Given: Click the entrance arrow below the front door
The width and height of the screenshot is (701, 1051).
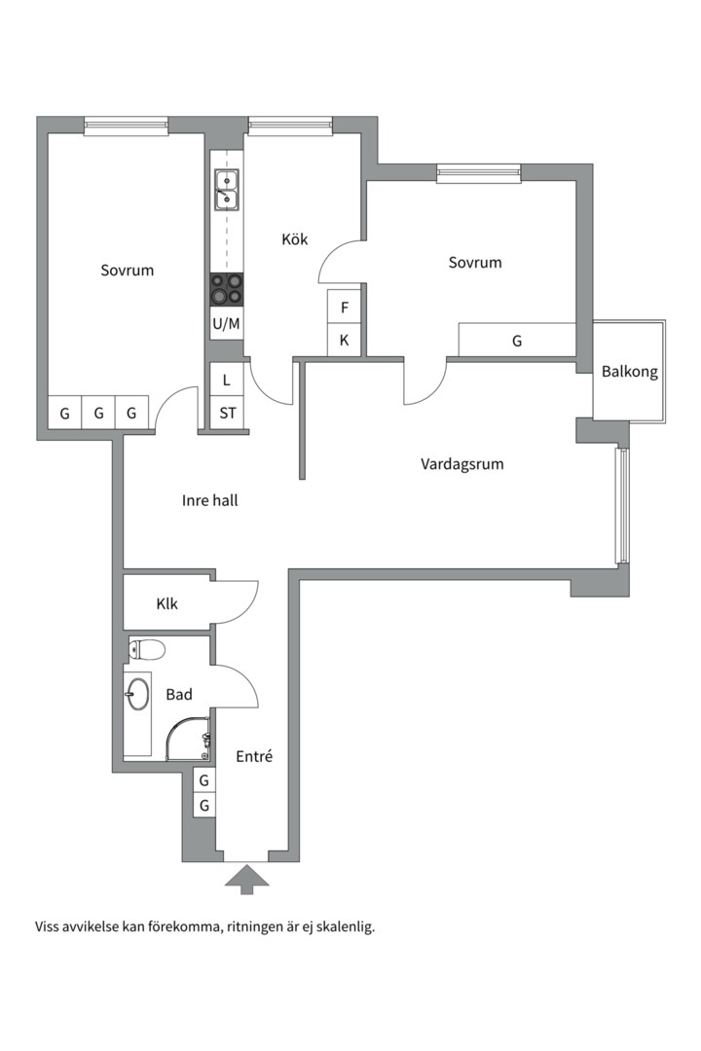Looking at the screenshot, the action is (x=246, y=879).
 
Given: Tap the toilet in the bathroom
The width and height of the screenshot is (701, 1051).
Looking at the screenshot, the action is (x=146, y=649).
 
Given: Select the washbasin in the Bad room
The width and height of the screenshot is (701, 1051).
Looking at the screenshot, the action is (x=137, y=694).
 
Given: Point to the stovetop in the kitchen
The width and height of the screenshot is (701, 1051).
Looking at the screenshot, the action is (x=226, y=290).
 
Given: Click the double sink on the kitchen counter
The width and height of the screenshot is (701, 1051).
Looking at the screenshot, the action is (x=226, y=190).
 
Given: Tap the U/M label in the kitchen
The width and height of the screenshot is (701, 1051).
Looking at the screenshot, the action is (x=226, y=324).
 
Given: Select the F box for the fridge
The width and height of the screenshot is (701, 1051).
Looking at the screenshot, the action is (x=344, y=307).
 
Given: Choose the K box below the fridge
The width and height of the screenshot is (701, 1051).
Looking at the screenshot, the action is (x=344, y=340).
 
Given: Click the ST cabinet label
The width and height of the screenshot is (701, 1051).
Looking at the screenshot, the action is (x=228, y=413).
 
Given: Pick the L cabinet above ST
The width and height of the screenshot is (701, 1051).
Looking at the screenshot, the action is (x=227, y=380).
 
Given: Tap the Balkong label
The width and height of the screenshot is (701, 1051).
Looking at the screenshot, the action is (x=629, y=372).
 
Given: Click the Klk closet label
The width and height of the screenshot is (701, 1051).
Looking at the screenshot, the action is (x=167, y=603).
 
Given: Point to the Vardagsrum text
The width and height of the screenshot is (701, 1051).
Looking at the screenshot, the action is (x=462, y=464).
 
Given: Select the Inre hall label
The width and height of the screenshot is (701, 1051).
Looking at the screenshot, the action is (x=210, y=500).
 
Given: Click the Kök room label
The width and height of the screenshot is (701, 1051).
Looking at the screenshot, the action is (x=294, y=238).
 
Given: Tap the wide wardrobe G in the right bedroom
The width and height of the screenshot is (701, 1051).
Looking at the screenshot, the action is (x=517, y=340).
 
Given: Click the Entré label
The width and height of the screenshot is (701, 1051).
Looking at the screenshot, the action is (x=254, y=756).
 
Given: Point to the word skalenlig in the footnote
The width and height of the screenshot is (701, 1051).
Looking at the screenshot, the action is (x=347, y=927).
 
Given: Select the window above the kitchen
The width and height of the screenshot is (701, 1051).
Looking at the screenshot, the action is (x=290, y=125).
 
